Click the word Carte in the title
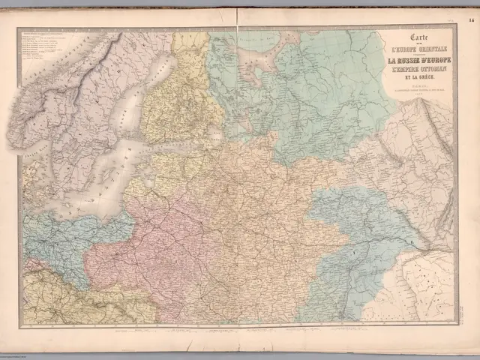pyautogui.click(x=414, y=38)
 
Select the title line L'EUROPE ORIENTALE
pyautogui.click(x=414, y=51)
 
